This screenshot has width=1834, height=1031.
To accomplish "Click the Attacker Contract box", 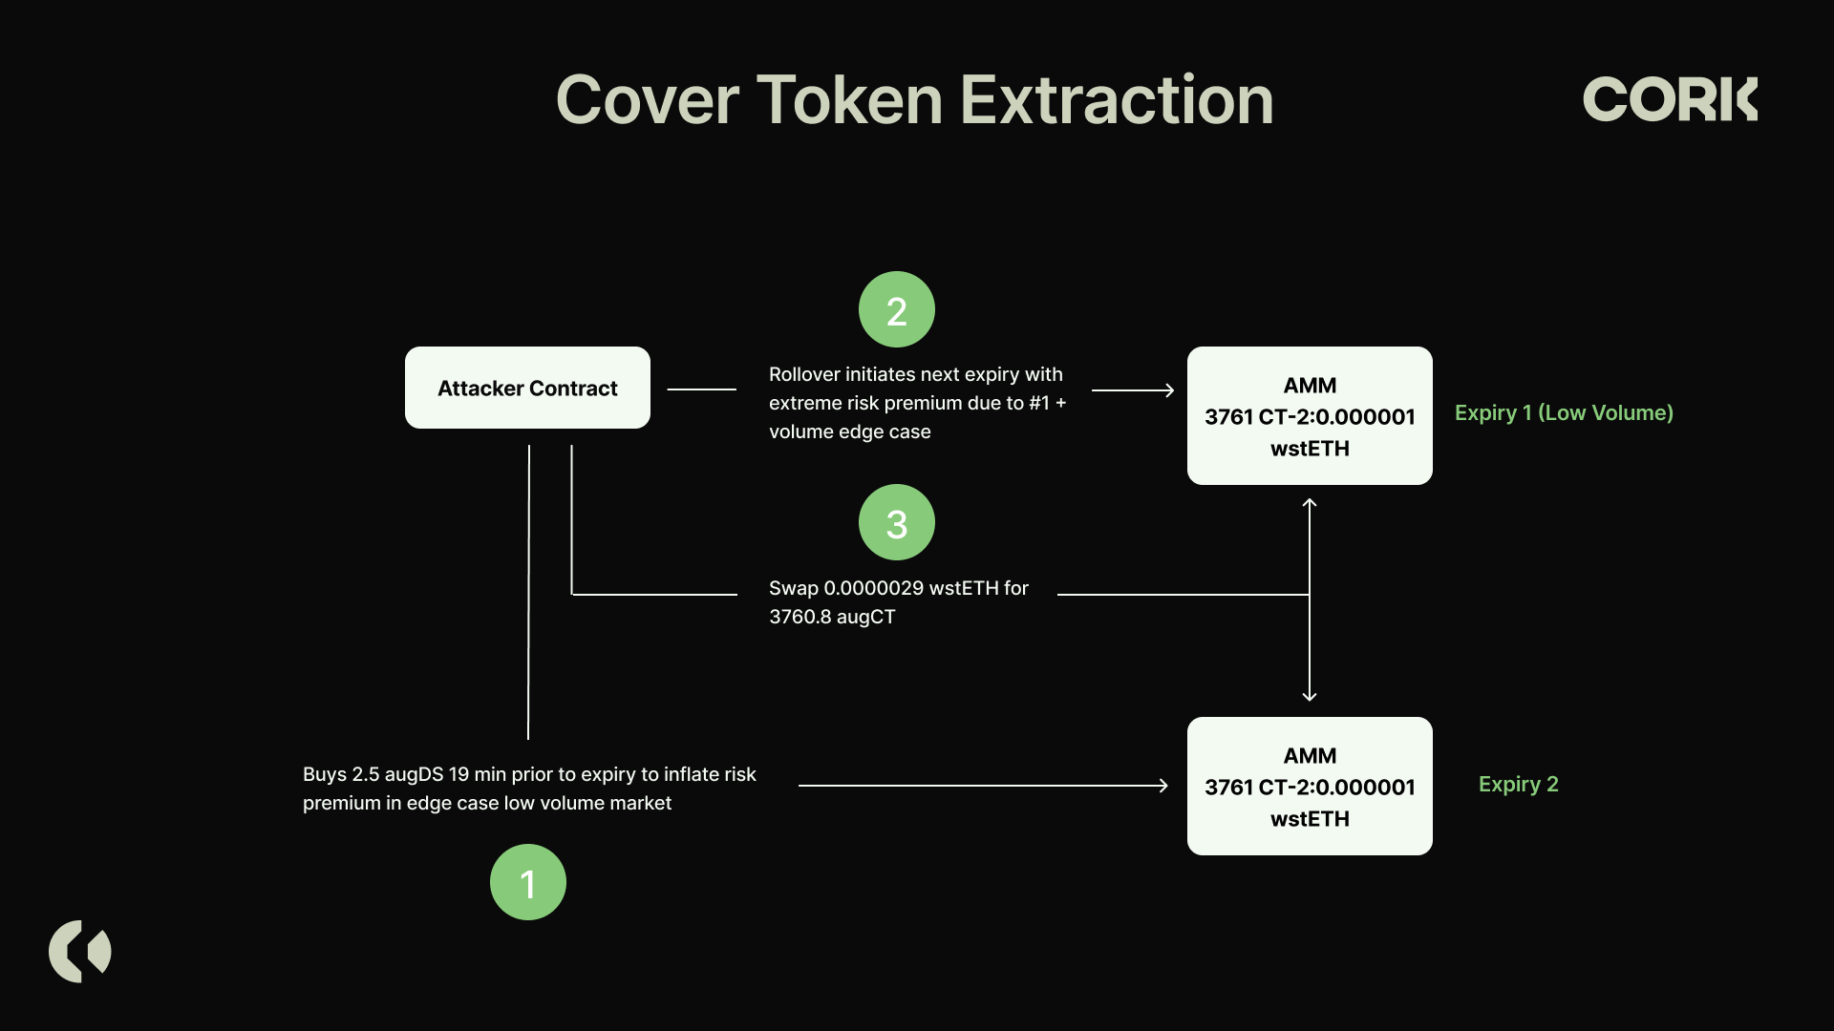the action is click(x=527, y=388).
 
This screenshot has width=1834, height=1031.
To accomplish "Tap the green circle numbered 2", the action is click(x=897, y=309).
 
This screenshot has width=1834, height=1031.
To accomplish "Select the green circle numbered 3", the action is click(x=897, y=522).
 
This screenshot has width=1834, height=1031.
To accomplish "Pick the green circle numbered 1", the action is click(x=528, y=882).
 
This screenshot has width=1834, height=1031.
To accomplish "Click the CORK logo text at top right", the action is click(x=1670, y=99).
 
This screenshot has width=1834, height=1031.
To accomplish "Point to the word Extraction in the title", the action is click(x=1117, y=100).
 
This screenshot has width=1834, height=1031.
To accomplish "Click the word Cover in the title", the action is click(x=648, y=100).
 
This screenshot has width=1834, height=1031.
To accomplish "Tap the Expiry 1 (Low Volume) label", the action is click(x=1564, y=412).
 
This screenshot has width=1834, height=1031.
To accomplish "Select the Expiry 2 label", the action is click(x=1519, y=784).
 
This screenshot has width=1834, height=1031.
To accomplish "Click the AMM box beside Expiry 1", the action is click(x=1310, y=415).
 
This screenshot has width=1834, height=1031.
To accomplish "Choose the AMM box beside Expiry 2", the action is click(x=1310, y=786).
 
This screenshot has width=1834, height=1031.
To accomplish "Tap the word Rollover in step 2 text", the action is click(x=804, y=374).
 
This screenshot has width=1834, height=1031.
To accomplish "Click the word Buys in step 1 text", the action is click(x=325, y=775).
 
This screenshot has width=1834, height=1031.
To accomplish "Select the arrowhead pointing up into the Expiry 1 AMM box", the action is click(x=1310, y=502).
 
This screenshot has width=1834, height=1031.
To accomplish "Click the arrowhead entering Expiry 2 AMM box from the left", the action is click(x=1163, y=786).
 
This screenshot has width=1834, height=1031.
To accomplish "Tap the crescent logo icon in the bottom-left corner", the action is click(x=80, y=952).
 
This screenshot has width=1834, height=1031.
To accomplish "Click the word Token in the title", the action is click(x=850, y=100).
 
